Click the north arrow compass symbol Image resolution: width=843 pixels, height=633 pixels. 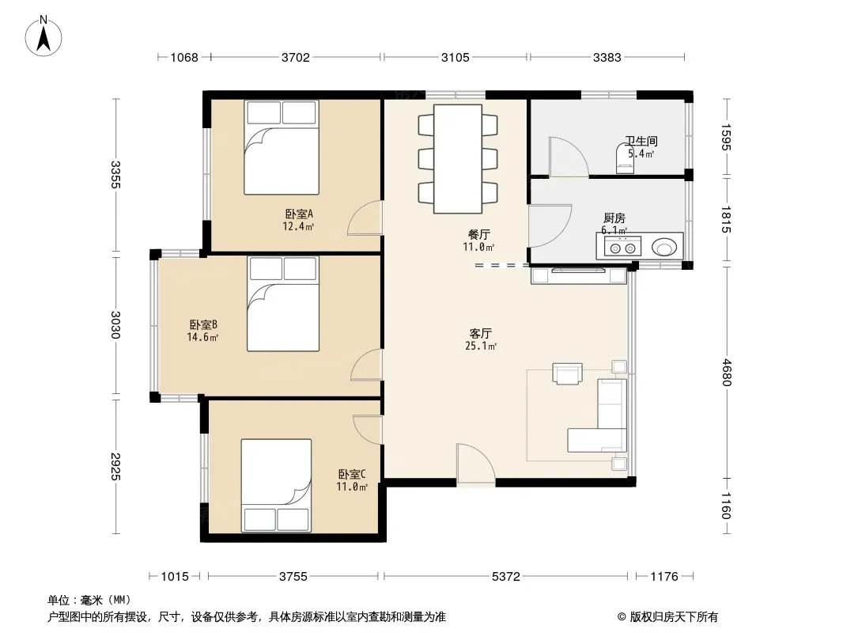(x=43, y=36)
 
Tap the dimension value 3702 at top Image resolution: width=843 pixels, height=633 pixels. (x=296, y=57)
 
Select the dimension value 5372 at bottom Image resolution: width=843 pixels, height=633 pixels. (x=506, y=577)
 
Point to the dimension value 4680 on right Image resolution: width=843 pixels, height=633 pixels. (x=726, y=372)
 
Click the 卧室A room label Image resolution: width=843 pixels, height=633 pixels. (x=299, y=214)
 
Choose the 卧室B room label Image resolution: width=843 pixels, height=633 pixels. (x=203, y=325)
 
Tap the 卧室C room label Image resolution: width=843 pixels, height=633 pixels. (x=352, y=474)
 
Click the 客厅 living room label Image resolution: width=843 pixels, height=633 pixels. (x=481, y=333)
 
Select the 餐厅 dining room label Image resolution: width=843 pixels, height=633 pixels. (x=479, y=234)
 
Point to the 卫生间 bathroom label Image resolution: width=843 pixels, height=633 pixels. (x=641, y=141)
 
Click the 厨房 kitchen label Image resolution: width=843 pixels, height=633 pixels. (x=614, y=218)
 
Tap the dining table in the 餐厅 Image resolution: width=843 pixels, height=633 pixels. (x=458, y=159)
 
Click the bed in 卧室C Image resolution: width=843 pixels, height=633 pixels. (x=276, y=485)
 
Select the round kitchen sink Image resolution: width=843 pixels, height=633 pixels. (x=665, y=248)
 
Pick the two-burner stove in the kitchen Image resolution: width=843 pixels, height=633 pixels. (x=622, y=248)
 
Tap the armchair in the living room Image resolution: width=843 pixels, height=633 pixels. (x=567, y=373)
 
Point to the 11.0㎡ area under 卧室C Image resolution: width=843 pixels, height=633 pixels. (x=352, y=487)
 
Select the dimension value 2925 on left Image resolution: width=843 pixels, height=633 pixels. (x=115, y=466)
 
